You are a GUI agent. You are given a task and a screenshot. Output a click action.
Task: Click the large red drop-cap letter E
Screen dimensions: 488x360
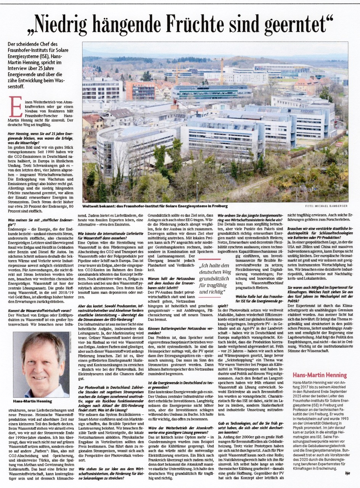16,106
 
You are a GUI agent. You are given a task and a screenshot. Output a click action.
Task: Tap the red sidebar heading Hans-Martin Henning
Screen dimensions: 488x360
319,375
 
